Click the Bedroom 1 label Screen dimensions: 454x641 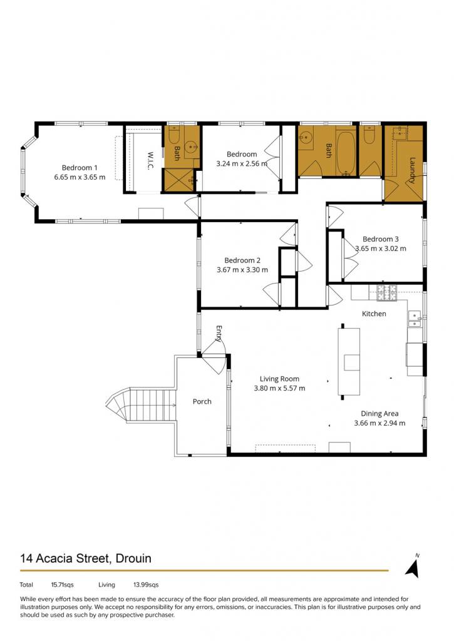(80, 168)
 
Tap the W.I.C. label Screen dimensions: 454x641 (150, 161)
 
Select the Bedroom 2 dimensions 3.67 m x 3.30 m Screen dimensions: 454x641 (242, 270)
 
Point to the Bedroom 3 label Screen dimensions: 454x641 (380, 239)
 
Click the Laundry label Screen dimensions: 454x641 (412, 170)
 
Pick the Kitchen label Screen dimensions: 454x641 (374, 314)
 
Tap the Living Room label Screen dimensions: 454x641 (279, 379)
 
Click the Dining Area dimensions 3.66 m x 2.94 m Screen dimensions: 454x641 (379, 423)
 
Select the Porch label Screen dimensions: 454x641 (202, 401)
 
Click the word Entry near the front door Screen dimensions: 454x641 (219, 333)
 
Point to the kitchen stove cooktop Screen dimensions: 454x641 (386, 293)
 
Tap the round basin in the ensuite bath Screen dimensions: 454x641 (191, 145)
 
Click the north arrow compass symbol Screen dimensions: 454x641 (413, 567)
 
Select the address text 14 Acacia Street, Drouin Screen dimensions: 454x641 (86, 558)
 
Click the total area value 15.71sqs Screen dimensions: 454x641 (62, 585)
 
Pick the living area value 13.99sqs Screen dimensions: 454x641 (146, 585)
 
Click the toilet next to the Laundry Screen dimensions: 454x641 (369, 135)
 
